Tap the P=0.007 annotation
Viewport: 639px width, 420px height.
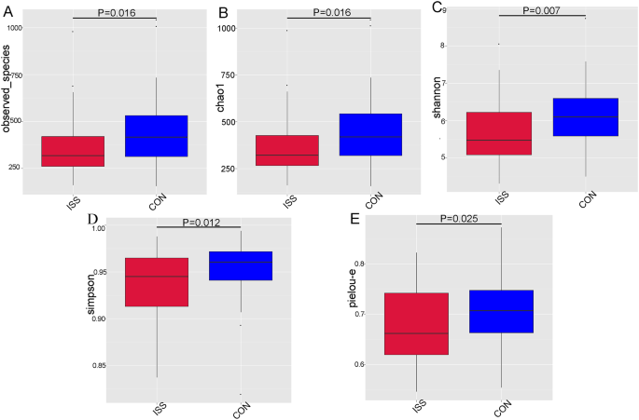(542, 10)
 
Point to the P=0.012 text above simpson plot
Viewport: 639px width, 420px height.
(198, 222)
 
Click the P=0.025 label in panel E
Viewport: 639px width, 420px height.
(458, 218)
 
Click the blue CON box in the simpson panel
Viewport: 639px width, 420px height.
(241, 266)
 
